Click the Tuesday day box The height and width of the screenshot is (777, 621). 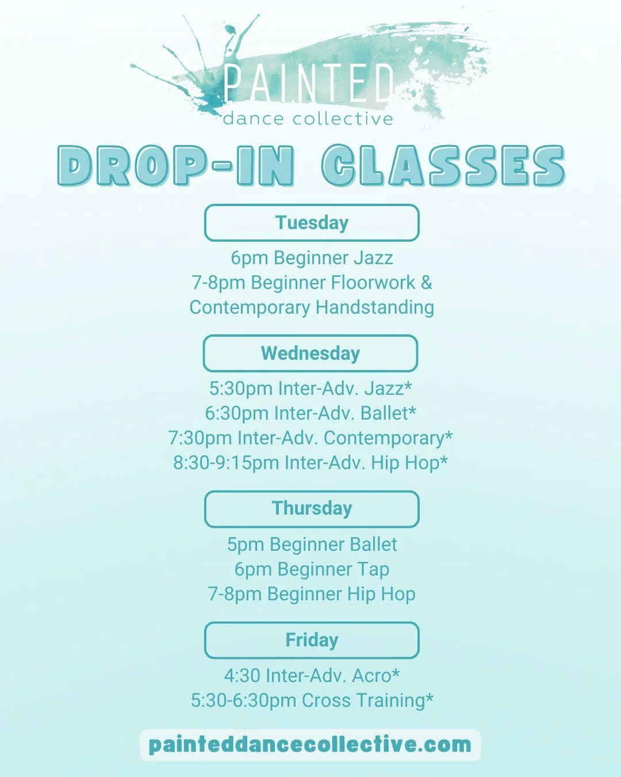click(x=312, y=223)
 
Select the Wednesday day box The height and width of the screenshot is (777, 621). click(x=310, y=353)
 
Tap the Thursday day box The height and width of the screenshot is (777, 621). click(x=312, y=509)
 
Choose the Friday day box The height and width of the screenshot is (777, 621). click(x=312, y=640)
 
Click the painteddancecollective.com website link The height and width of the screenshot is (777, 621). click(x=310, y=745)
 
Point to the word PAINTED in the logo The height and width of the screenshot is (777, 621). click(x=309, y=83)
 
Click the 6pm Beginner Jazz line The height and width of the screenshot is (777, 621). click(x=312, y=258)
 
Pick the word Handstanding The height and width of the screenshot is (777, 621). click(x=375, y=307)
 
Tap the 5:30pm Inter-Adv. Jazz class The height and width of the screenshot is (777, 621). click(x=310, y=389)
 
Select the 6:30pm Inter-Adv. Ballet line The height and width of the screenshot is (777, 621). click(x=310, y=413)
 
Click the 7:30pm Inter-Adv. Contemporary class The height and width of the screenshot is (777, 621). click(x=310, y=438)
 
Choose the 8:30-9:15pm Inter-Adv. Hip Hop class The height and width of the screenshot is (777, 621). click(x=310, y=463)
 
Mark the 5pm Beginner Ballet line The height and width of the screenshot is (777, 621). click(x=312, y=544)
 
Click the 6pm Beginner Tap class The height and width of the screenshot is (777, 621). click(x=312, y=569)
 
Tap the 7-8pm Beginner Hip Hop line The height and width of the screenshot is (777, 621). click(x=312, y=594)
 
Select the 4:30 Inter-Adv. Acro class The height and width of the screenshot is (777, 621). click(x=312, y=676)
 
